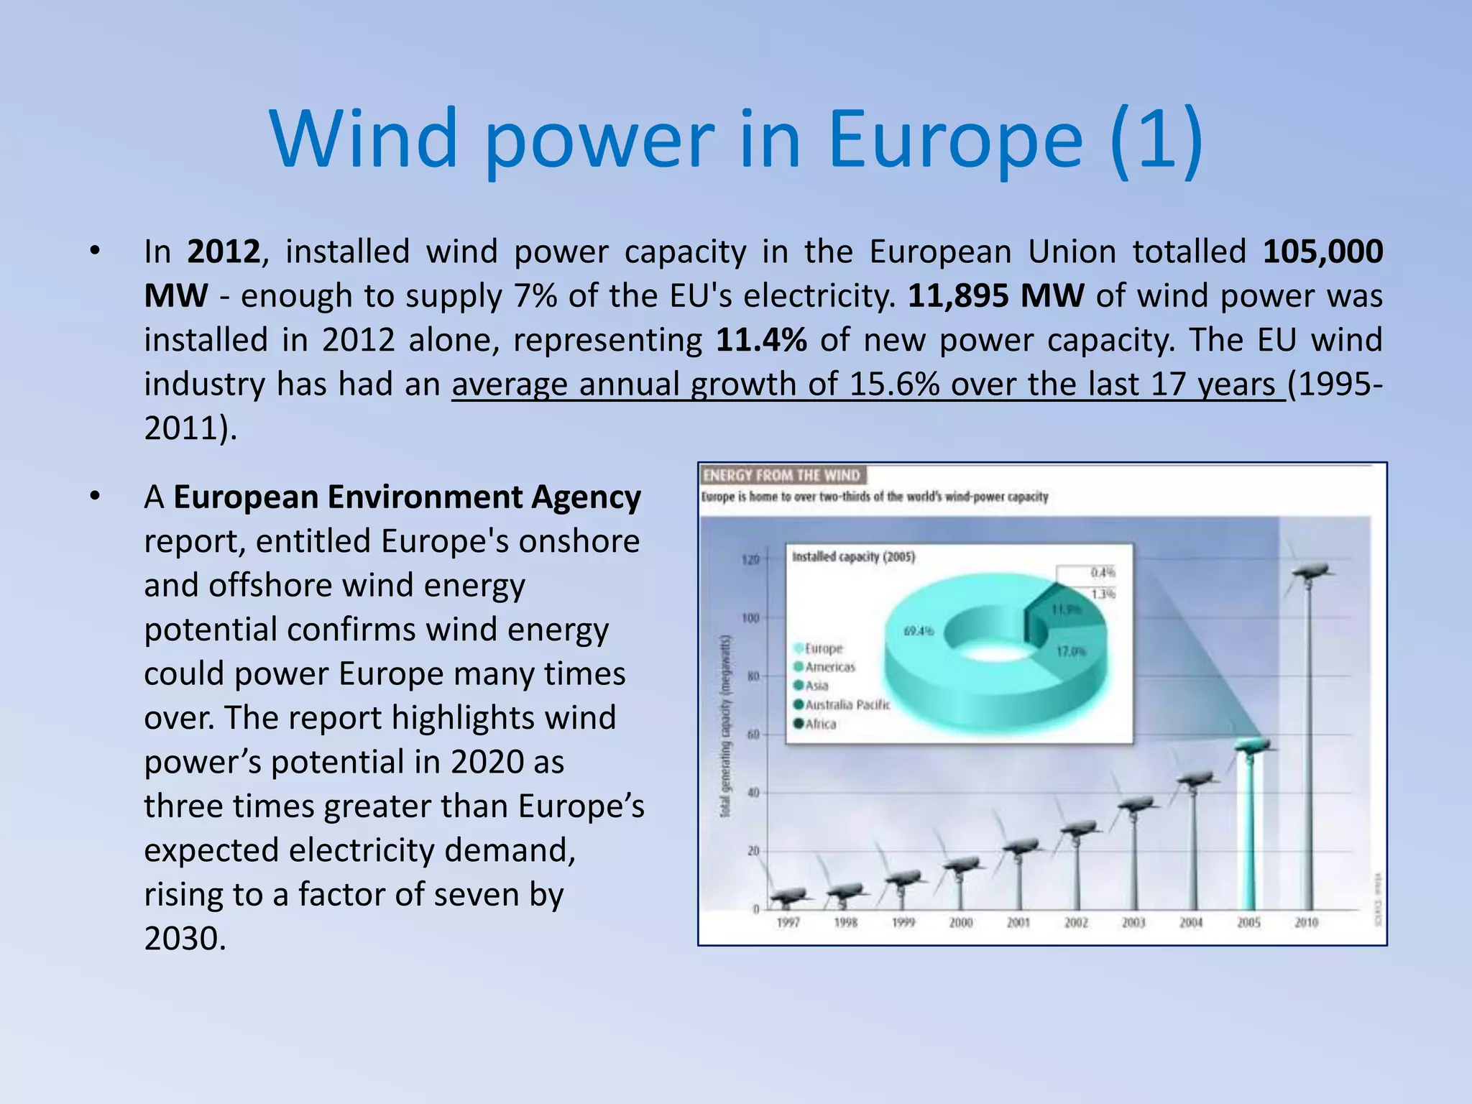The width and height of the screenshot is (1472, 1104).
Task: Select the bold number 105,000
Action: (1322, 252)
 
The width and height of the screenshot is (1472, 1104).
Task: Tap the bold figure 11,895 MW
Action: (996, 296)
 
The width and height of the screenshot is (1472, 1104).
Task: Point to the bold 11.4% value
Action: (761, 340)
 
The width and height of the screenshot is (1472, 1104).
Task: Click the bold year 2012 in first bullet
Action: (224, 252)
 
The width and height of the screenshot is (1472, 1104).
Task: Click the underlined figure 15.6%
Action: (894, 385)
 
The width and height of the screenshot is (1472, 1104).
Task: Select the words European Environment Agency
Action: (407, 497)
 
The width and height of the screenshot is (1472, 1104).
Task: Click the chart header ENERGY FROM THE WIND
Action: (781, 475)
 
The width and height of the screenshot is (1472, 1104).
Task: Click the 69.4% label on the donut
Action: (919, 631)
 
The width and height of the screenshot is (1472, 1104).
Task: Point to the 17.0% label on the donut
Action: (1071, 651)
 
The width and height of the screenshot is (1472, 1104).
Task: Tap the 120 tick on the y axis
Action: (750, 560)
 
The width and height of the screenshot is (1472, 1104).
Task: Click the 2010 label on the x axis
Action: (1306, 922)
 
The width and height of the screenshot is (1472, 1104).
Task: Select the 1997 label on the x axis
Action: (788, 922)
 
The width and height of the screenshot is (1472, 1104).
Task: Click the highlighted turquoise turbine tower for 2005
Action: (1249, 834)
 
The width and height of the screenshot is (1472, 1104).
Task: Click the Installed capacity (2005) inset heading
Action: (853, 556)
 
